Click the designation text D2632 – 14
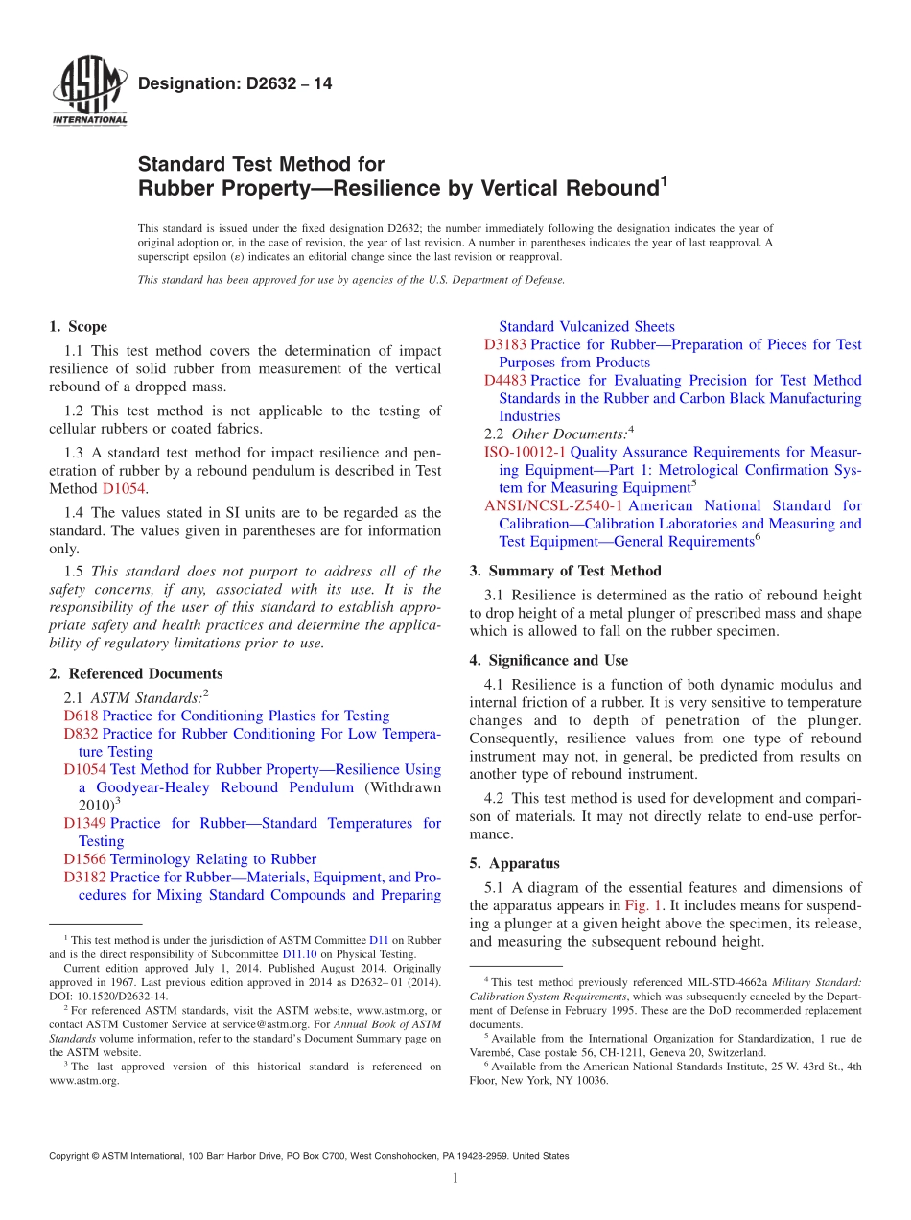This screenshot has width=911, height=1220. [x=235, y=83]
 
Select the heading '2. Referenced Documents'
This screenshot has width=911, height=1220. [x=135, y=674]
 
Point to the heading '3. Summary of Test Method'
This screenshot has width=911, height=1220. [x=565, y=572]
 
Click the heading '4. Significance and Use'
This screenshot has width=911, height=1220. [x=549, y=661]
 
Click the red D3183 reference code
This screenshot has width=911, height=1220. [x=505, y=345]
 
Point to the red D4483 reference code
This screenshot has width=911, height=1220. [x=505, y=381]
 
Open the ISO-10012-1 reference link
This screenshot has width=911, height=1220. [x=525, y=452]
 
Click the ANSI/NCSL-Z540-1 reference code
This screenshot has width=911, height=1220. [x=553, y=505]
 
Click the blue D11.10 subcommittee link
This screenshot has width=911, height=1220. [x=297, y=955]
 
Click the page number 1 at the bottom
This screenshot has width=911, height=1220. [x=455, y=1179]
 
